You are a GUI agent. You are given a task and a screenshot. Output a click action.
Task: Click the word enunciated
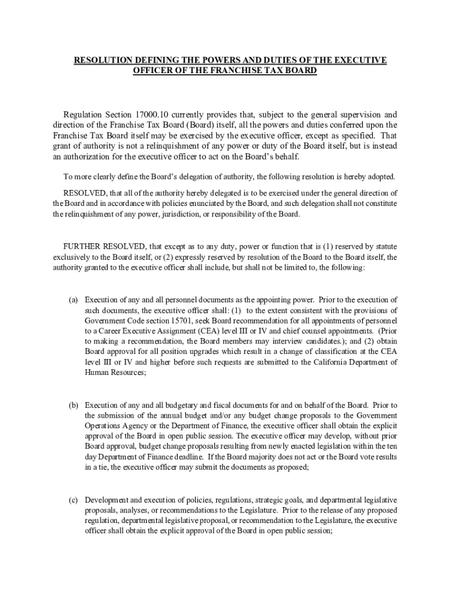point(220,204)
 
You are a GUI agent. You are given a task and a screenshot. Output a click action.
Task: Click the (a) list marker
point(74,299)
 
